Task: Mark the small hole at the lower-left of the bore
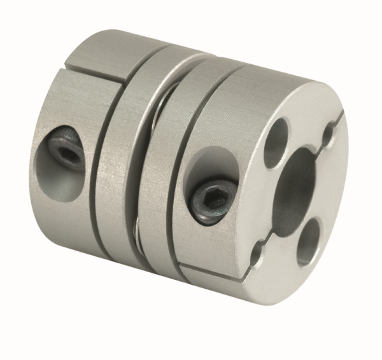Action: click(257, 254)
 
